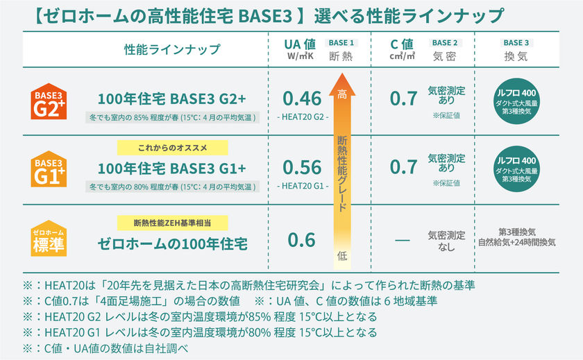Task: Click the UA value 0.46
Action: [x=302, y=98]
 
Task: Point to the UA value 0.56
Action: [x=302, y=167]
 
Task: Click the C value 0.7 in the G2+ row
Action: [x=403, y=98]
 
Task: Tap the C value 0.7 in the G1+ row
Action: [x=403, y=167]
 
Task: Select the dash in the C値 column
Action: [x=402, y=240]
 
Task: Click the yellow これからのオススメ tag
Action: [x=173, y=147]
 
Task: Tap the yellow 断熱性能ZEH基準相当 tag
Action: [x=172, y=223]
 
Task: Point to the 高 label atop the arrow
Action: [x=341, y=94]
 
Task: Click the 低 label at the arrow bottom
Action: [x=341, y=255]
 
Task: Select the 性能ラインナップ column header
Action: [x=172, y=49]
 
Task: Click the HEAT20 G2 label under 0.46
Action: [x=302, y=117]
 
